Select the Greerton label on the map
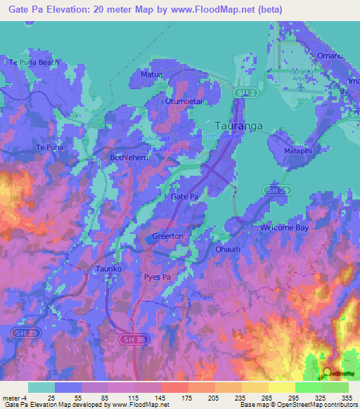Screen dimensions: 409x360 [168, 237]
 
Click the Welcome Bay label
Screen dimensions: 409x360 [284, 229]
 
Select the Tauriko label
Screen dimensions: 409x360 [110, 269]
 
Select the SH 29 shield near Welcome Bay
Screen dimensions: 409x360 [273, 190]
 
